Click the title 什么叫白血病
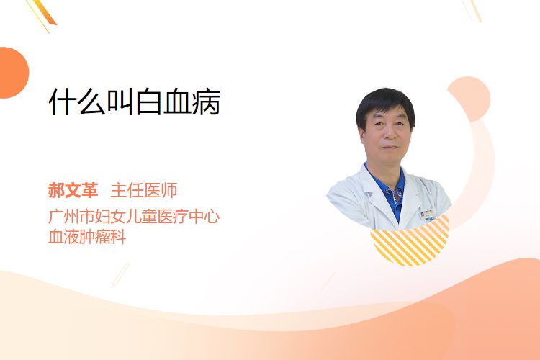tap(135, 102)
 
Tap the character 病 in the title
tap(207, 102)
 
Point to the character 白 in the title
tap(149, 102)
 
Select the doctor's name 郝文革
tap(73, 190)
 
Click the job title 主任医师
tap(144, 190)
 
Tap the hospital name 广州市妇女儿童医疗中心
tap(134, 216)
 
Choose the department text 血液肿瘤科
tap(87, 237)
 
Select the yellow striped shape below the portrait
tap(410, 241)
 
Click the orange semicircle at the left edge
tap(14, 73)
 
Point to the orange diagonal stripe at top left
tap(44, 13)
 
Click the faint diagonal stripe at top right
tap(472, 10)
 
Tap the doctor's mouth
tap(390, 147)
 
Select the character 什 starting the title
tap(63, 102)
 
